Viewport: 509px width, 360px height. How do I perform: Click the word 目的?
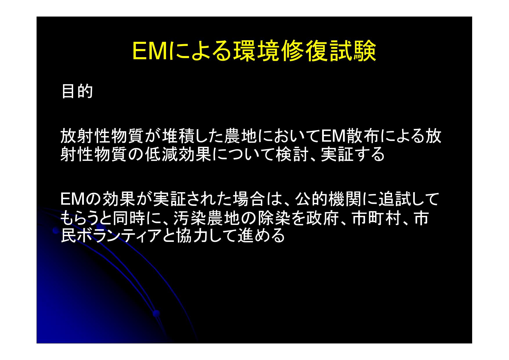coord(77,91)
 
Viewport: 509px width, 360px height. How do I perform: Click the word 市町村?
coord(376,218)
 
